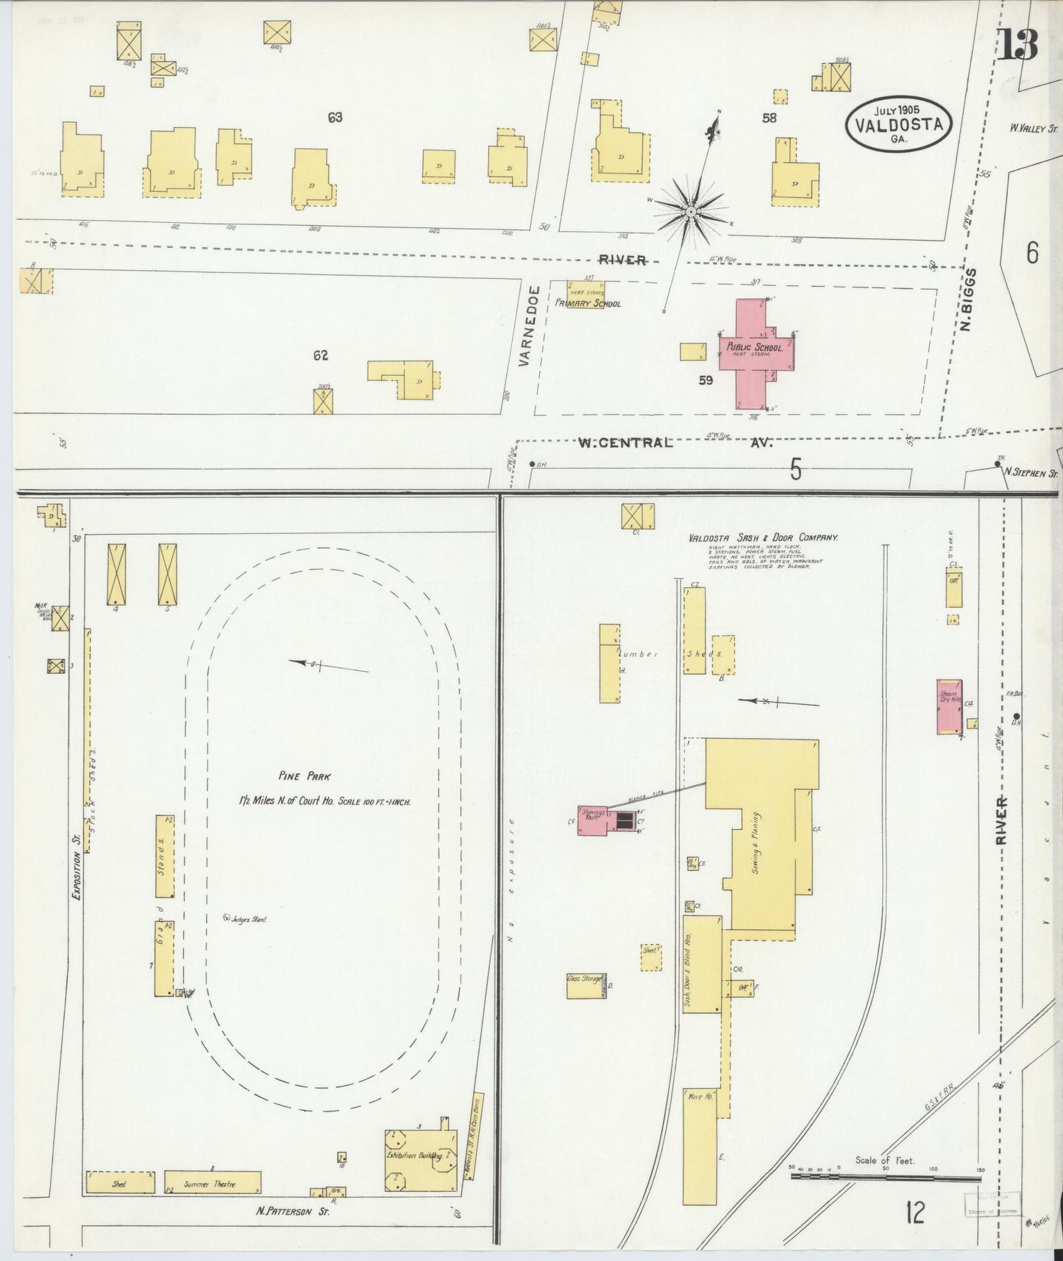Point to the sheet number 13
point(1018,45)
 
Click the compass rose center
point(692,212)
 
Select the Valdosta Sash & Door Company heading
point(764,538)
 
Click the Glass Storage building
point(586,986)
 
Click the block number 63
point(335,117)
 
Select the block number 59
point(706,380)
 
